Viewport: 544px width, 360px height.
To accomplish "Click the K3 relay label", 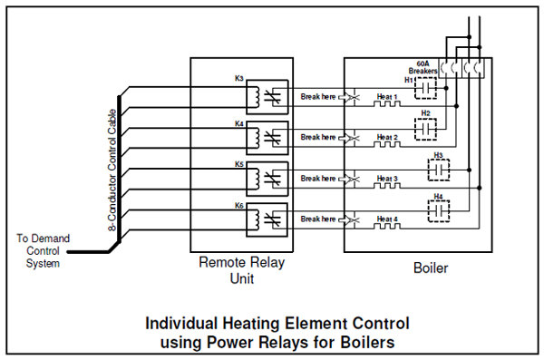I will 238,79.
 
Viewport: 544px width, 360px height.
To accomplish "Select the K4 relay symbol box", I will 269,136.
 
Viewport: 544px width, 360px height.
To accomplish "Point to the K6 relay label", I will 238,206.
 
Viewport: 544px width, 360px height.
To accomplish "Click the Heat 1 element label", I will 388,96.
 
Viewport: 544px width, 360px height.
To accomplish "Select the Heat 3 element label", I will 388,179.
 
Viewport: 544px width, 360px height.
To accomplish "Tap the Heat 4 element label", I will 388,219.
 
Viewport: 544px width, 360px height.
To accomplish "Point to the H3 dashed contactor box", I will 442,170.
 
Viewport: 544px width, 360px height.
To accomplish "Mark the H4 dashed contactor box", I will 440,210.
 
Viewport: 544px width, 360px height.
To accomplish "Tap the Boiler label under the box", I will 430,268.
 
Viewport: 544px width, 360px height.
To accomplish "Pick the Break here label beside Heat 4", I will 318,219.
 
